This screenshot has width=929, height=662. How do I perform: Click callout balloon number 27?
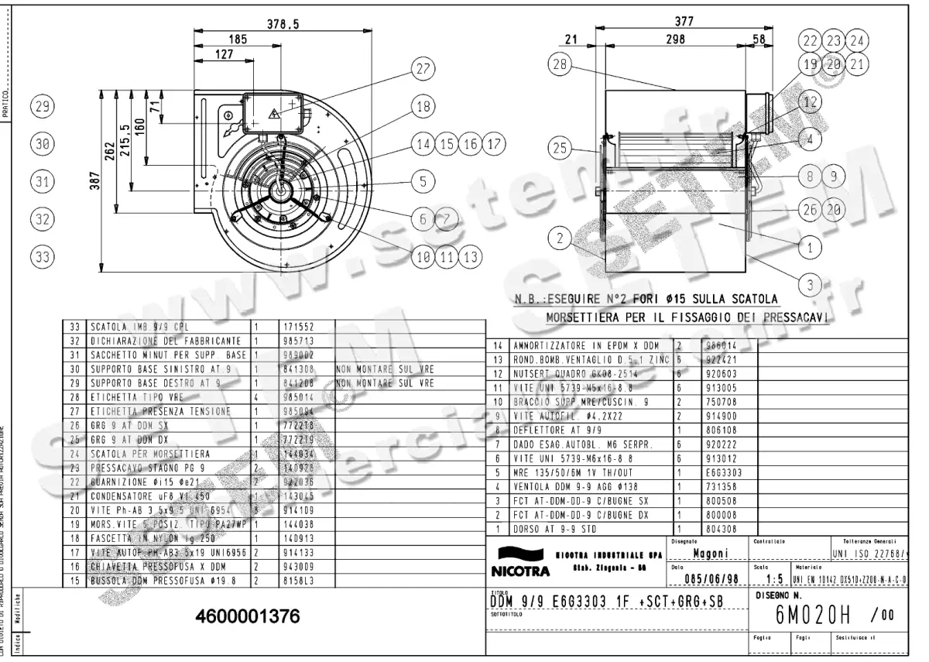point(421,69)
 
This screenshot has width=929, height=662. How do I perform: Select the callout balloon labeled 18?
point(421,108)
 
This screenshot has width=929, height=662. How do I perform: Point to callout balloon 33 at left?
point(43,255)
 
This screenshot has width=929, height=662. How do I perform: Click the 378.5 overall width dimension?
point(283,25)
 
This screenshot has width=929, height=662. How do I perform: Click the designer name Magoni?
point(708,553)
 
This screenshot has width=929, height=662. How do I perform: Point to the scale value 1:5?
point(776,578)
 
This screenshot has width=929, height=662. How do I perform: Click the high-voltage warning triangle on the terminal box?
point(273,115)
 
